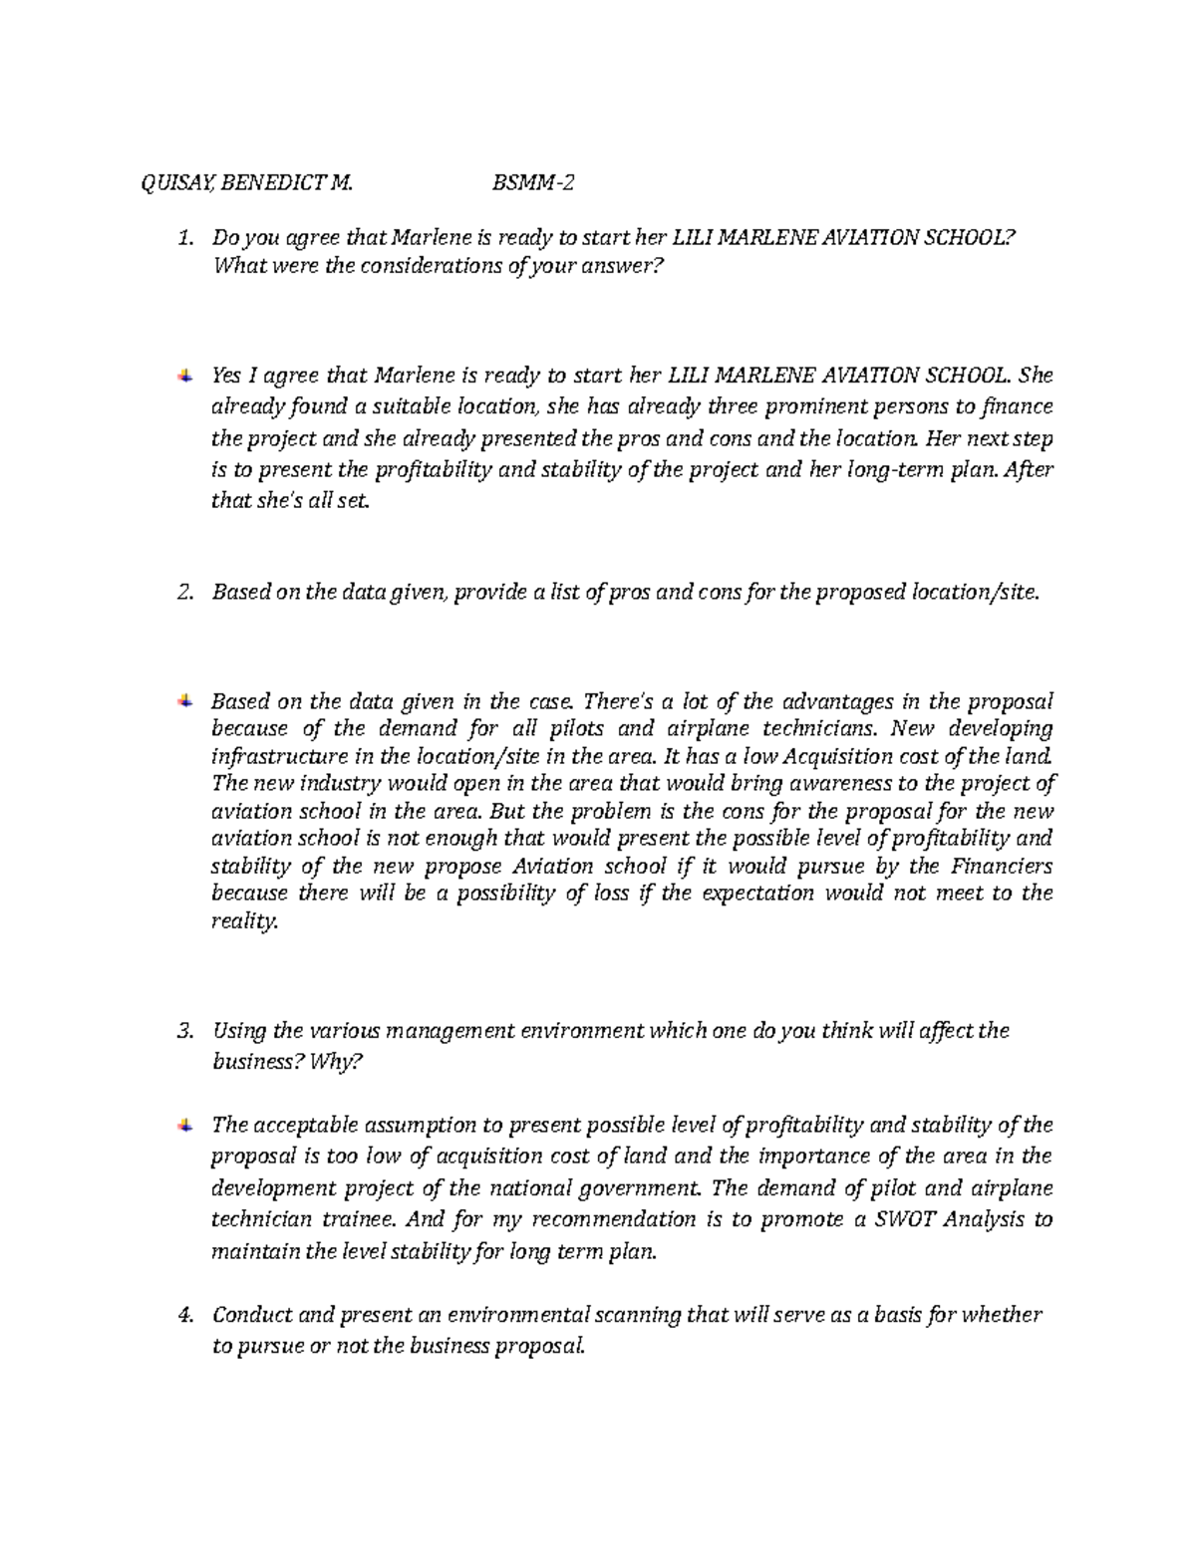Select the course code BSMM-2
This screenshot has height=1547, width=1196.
point(534,183)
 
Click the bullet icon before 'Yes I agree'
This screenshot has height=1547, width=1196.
point(185,376)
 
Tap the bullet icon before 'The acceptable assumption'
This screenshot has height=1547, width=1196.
point(185,1125)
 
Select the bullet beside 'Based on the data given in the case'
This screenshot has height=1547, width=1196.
point(185,700)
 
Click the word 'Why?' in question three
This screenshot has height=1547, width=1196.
point(339,1062)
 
